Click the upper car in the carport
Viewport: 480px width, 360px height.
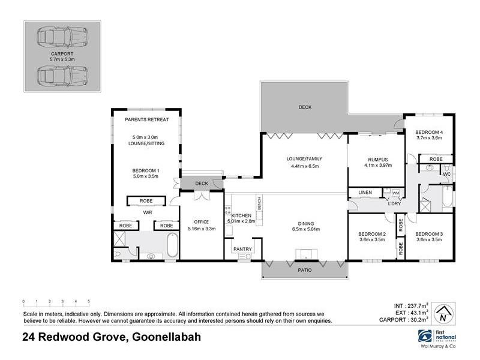pyautogui.click(x=62, y=37)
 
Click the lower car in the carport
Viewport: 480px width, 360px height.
pyautogui.click(x=62, y=76)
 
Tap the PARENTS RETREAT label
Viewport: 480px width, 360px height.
pyautogui.click(x=146, y=119)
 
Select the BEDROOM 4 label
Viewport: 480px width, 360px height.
pyautogui.click(x=430, y=132)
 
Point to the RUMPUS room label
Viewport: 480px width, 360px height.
pyautogui.click(x=378, y=160)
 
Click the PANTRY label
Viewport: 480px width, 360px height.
pyautogui.click(x=243, y=249)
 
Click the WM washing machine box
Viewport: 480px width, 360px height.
pyautogui.click(x=395, y=193)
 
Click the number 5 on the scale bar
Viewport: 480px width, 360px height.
pyautogui.click(x=89, y=301)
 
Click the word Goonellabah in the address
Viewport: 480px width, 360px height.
pyautogui.click(x=165, y=338)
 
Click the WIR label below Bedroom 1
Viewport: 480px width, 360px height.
pyautogui.click(x=146, y=212)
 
